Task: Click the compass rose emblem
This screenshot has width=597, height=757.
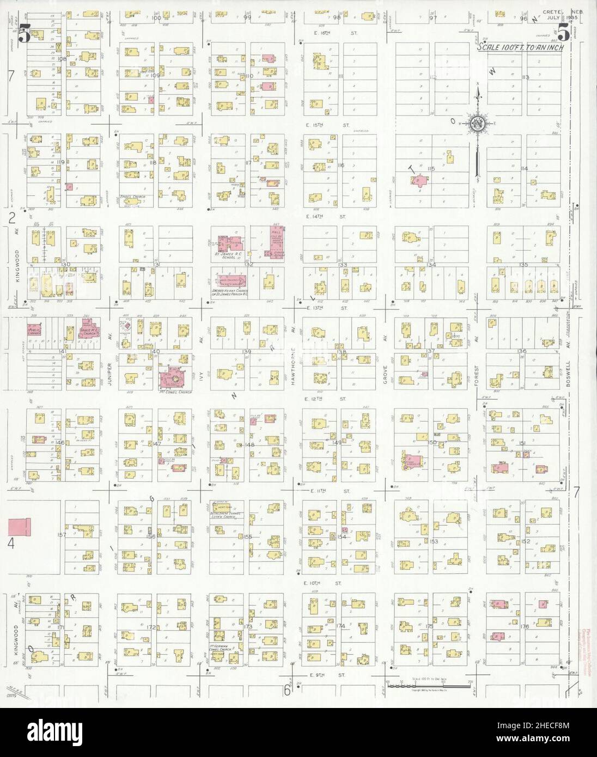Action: pyautogui.click(x=478, y=124)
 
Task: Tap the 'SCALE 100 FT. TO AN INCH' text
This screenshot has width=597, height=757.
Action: pyautogui.click(x=520, y=47)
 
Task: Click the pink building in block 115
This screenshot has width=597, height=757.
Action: pyautogui.click(x=419, y=181)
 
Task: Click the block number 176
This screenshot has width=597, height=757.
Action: pyautogui.click(x=525, y=627)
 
